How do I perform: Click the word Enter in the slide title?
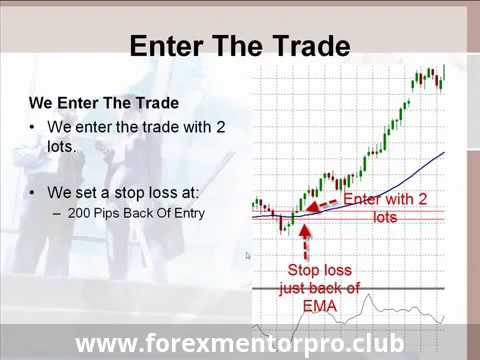point(166,46)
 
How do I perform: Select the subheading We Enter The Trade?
point(104,103)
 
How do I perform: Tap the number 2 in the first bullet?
point(220,127)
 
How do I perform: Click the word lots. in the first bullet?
point(62,147)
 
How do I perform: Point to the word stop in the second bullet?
point(129,193)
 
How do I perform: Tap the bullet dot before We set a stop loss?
point(32,193)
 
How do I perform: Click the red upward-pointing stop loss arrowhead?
point(305,231)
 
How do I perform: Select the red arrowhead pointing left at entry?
point(312,207)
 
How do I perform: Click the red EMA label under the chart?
point(320,306)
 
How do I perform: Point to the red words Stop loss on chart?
point(320,270)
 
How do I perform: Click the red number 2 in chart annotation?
point(422,199)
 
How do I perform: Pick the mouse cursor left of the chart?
point(248,256)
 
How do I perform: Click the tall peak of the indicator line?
point(369,295)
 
